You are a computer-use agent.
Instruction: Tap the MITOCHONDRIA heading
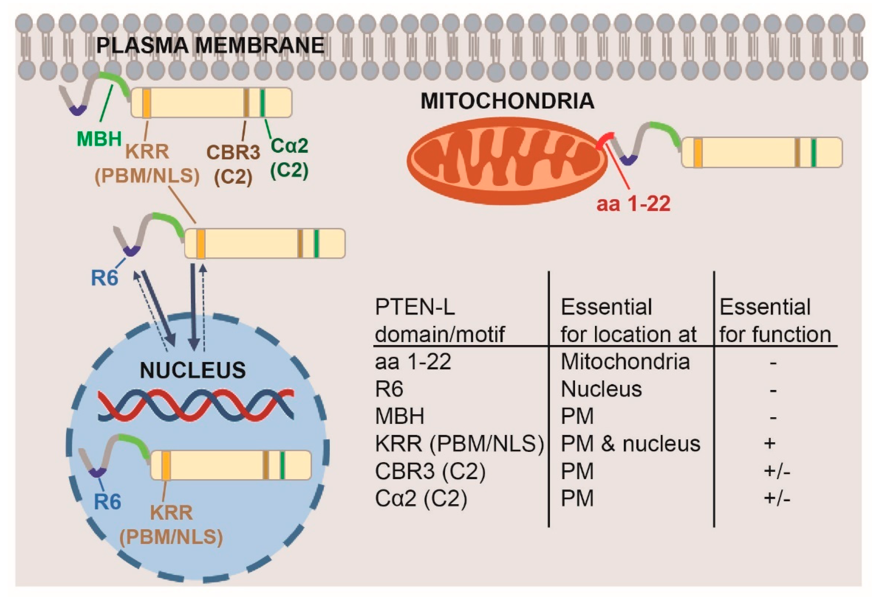[x=507, y=101]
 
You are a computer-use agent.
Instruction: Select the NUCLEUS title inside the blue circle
[x=193, y=370]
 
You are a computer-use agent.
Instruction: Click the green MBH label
[x=99, y=139]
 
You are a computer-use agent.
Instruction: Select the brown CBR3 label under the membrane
[x=233, y=153]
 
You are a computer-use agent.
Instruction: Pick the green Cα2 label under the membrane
[x=289, y=146]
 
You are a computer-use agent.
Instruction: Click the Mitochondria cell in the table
[x=625, y=362]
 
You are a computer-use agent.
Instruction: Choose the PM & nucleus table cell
[x=630, y=443]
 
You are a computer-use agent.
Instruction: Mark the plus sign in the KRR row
[x=770, y=443]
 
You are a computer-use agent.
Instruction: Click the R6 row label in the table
[x=389, y=389]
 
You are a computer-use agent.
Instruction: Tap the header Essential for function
[x=775, y=320]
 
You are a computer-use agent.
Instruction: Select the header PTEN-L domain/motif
[x=439, y=320]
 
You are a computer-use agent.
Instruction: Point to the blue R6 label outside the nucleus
[x=105, y=279]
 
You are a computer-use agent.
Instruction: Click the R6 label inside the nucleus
[x=107, y=502]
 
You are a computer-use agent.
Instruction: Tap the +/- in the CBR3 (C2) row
[x=777, y=471]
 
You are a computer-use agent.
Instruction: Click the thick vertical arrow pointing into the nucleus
[x=193, y=306]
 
